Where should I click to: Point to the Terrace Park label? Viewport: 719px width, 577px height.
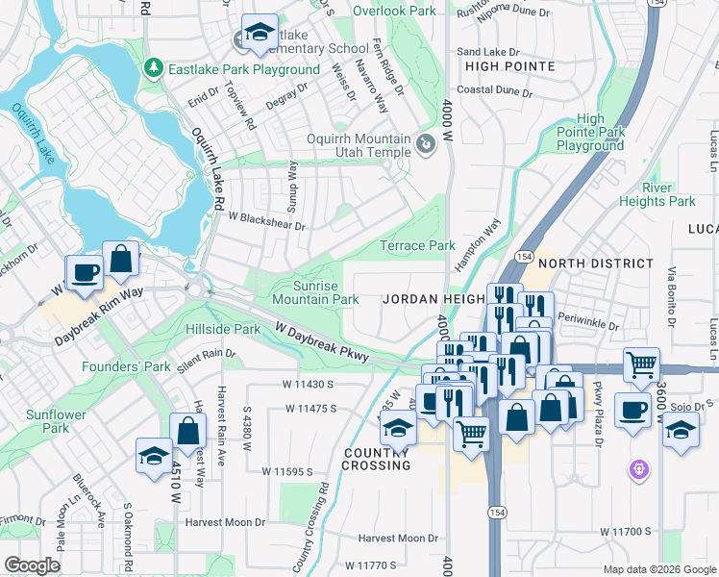click(x=417, y=245)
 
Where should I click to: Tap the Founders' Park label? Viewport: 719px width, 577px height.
click(x=126, y=366)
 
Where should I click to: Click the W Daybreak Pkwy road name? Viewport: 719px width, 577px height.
click(x=321, y=342)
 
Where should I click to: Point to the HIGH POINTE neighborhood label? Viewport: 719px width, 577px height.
click(x=509, y=66)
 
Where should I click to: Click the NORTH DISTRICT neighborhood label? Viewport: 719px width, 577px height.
click(x=595, y=263)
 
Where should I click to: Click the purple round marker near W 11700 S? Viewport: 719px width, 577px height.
click(x=639, y=470)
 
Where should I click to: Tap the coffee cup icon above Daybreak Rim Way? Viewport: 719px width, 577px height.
click(x=84, y=272)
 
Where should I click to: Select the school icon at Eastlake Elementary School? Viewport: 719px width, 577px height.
click(x=259, y=34)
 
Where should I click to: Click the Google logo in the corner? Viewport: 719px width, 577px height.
click(x=33, y=565)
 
